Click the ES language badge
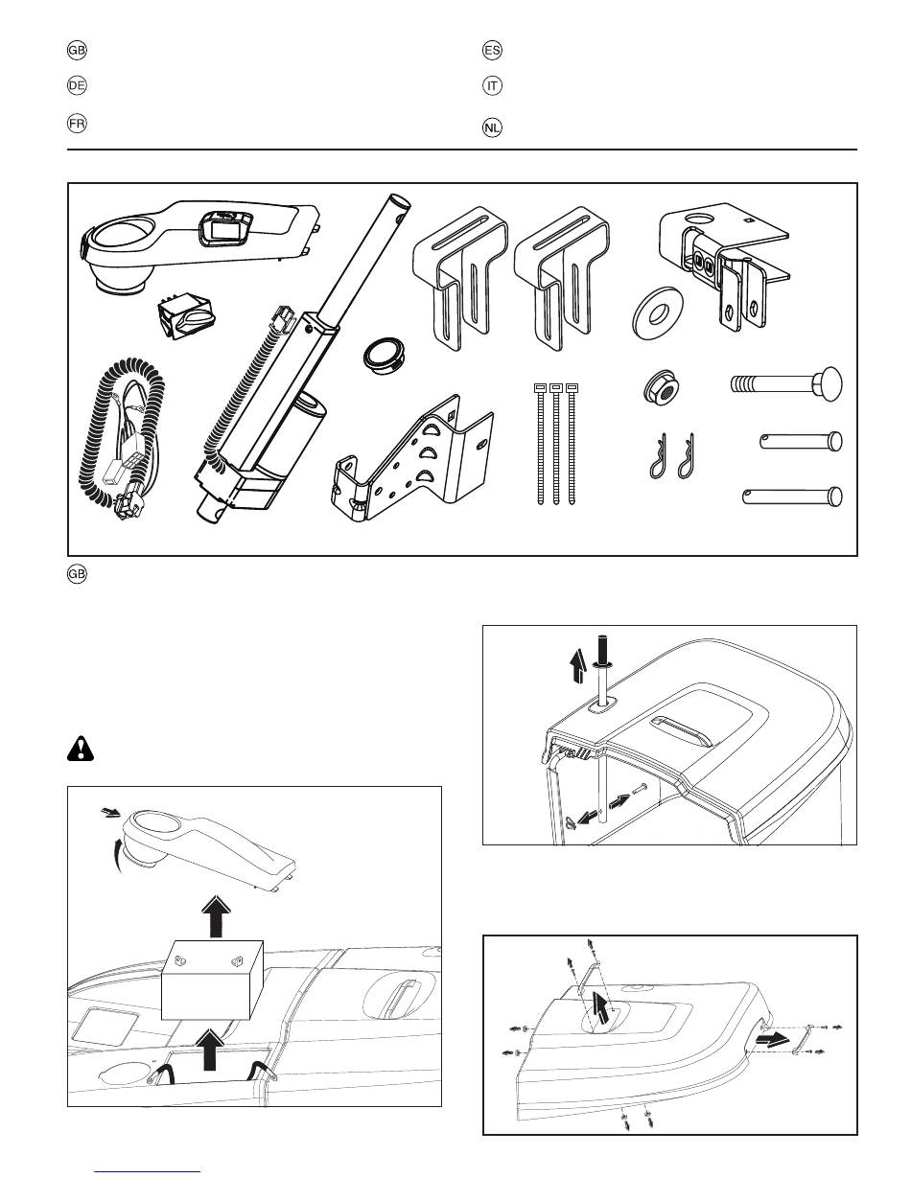(x=492, y=51)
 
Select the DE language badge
(x=77, y=85)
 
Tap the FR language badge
(x=77, y=124)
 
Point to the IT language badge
(x=492, y=85)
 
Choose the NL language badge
(x=492, y=127)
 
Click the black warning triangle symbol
(x=81, y=749)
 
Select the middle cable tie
(x=556, y=445)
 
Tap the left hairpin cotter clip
(x=657, y=455)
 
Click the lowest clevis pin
(x=792, y=497)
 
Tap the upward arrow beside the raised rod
(x=579, y=668)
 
